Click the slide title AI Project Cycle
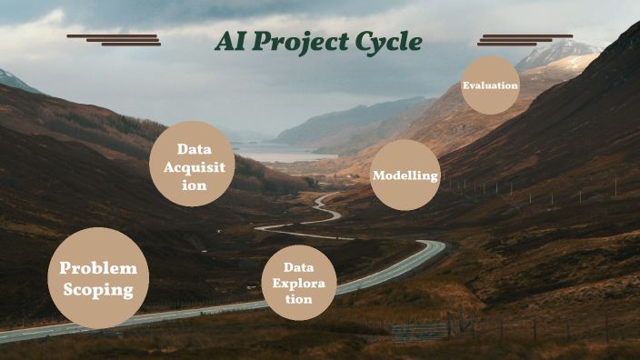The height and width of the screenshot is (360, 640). tap(318, 42)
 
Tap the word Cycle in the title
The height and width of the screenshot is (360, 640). tap(391, 42)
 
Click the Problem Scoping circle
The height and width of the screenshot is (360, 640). tap(97, 278)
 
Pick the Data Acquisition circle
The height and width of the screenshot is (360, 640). tap(193, 164)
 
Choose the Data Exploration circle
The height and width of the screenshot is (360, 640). tap(298, 283)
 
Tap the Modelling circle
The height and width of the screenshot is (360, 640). tap(405, 175)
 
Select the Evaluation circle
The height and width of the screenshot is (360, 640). tap(490, 85)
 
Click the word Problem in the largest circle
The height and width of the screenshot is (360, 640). tap(98, 268)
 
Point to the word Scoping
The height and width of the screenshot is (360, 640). tap(98, 291)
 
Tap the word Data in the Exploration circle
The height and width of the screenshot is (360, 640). tap(298, 267)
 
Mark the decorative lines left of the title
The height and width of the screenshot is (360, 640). tap(114, 39)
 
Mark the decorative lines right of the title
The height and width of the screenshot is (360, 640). tap(525, 39)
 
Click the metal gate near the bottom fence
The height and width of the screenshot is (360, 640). tap(420, 331)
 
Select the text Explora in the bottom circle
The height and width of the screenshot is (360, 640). tap(298, 283)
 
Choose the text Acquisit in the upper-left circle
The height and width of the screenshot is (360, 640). tap(193, 165)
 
